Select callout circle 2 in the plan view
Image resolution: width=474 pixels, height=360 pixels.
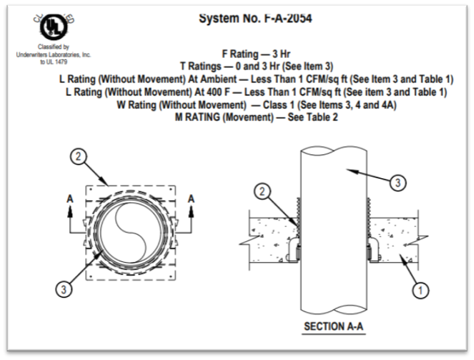click(78, 157)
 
